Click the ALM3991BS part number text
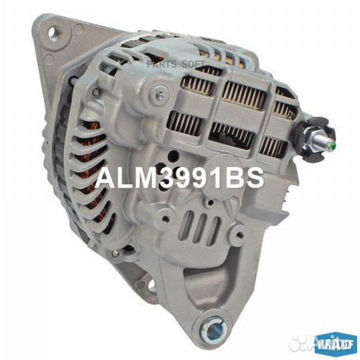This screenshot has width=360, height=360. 180,178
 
